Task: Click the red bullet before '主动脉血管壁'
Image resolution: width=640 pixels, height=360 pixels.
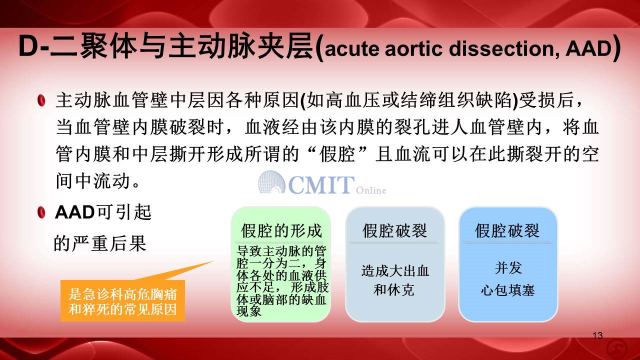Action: coord(41,100)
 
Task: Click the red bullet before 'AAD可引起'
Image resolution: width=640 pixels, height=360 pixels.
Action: coord(41,212)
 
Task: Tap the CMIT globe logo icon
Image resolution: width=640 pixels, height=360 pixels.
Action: coord(271,182)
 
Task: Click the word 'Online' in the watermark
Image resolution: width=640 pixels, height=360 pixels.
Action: coord(371,190)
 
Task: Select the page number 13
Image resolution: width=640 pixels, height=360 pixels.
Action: coord(597,335)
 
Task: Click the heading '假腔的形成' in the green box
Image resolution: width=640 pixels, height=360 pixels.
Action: coord(281,231)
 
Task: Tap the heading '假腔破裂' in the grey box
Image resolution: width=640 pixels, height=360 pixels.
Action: coord(395,231)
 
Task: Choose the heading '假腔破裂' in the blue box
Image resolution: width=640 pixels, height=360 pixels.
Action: coord(507,231)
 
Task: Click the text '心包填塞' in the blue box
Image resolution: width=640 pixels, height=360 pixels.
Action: coord(507,290)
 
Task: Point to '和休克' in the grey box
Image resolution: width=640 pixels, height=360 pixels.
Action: coord(394,289)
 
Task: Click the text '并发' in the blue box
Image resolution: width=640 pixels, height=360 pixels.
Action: coord(508,268)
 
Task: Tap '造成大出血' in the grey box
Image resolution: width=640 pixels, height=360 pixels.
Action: coord(395,271)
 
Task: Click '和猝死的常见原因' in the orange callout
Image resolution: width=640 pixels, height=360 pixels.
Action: coord(123,309)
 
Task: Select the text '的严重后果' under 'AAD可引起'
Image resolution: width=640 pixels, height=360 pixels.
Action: coord(100,243)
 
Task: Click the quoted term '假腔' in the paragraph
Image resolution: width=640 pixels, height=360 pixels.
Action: coord(337,154)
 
